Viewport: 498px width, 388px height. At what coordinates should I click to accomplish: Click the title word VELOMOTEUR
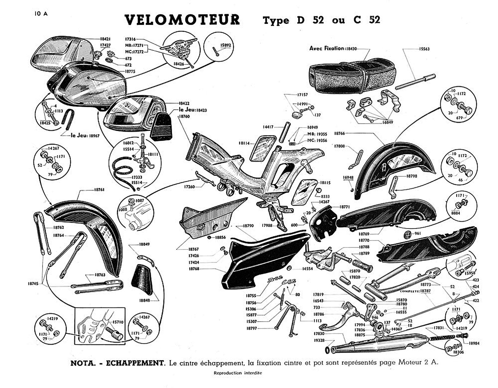(x=182, y=20)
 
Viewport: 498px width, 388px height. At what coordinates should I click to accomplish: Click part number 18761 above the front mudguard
(x=99, y=190)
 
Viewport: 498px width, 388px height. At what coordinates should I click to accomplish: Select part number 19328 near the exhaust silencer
(x=319, y=340)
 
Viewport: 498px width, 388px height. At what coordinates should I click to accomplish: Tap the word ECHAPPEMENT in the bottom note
(x=136, y=363)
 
